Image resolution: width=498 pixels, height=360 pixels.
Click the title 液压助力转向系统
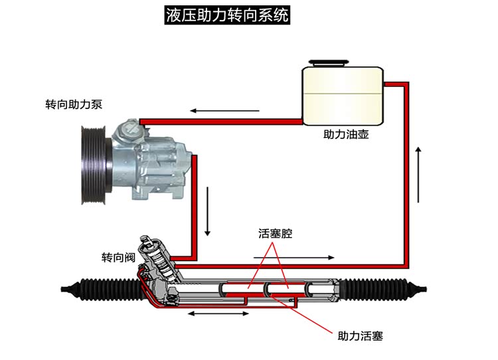(228, 15)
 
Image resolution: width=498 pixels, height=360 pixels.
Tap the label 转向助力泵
(73, 105)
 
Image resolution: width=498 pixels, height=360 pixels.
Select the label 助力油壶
(345, 134)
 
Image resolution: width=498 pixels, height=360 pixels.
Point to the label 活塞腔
(275, 234)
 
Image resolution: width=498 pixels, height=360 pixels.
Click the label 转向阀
(116, 257)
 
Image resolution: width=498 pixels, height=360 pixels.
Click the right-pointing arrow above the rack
(291, 256)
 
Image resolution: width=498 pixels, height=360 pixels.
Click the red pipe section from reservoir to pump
(219, 121)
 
